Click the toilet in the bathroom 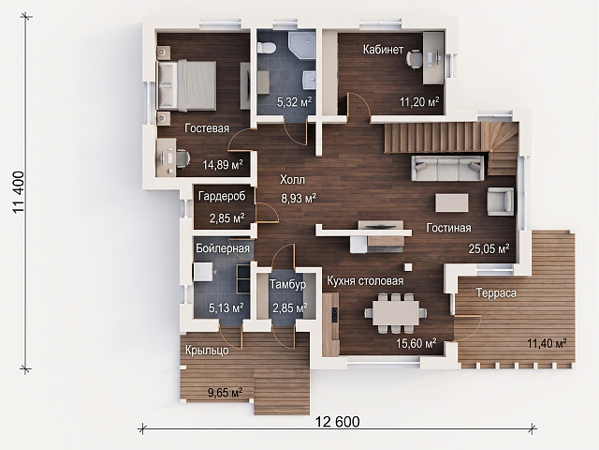(x=267, y=47)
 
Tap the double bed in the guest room (x=187, y=85)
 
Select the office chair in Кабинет (x=414, y=59)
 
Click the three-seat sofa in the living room (x=447, y=168)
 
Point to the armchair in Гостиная (x=500, y=202)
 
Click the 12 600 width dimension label (x=337, y=422)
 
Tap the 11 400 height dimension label (x=19, y=192)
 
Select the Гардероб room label (x=222, y=196)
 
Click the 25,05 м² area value (x=489, y=248)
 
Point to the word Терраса (x=496, y=293)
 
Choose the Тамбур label (x=287, y=284)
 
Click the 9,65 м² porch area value (x=225, y=392)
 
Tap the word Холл (x=292, y=179)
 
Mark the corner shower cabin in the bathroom (x=301, y=45)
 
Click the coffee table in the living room (x=452, y=202)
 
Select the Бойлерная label (x=223, y=248)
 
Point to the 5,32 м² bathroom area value (x=294, y=102)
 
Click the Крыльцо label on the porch (x=207, y=350)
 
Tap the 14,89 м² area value (x=223, y=165)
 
